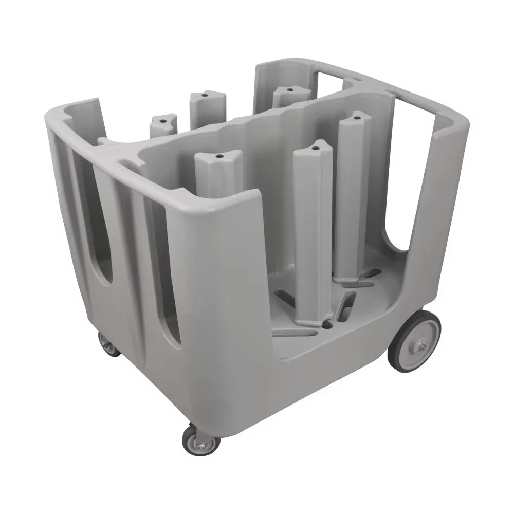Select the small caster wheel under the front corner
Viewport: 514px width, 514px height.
click(x=200, y=440)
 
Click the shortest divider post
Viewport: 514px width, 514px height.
click(x=163, y=126)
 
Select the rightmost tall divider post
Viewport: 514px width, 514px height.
click(x=354, y=195)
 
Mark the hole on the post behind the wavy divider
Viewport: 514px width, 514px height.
click(x=290, y=89)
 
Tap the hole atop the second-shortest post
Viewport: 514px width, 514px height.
click(x=205, y=96)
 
